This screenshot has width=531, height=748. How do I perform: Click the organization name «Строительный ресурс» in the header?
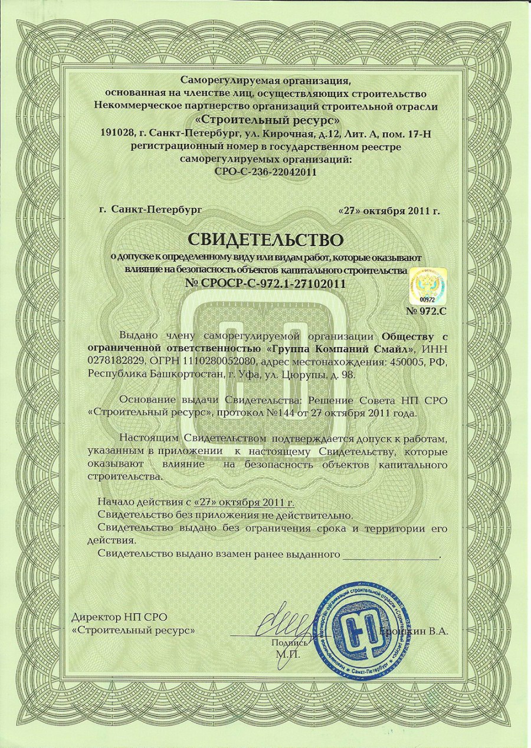pyautogui.click(x=265, y=122)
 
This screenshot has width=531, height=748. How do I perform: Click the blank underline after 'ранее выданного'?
pyautogui.click(x=391, y=555)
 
